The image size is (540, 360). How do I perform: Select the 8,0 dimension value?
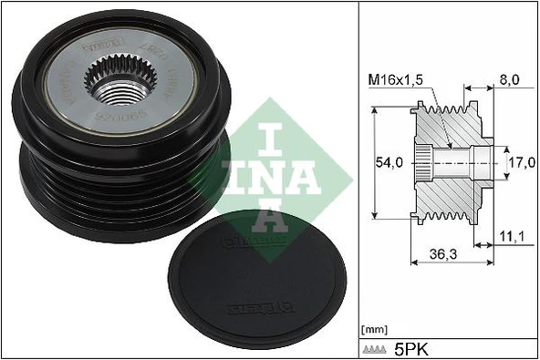[510, 81]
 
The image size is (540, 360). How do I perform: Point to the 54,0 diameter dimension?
[391, 162]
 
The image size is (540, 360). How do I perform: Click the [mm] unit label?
[375, 328]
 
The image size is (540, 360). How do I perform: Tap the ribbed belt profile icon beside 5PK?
[376, 349]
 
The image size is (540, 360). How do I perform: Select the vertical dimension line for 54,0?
[376, 162]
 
